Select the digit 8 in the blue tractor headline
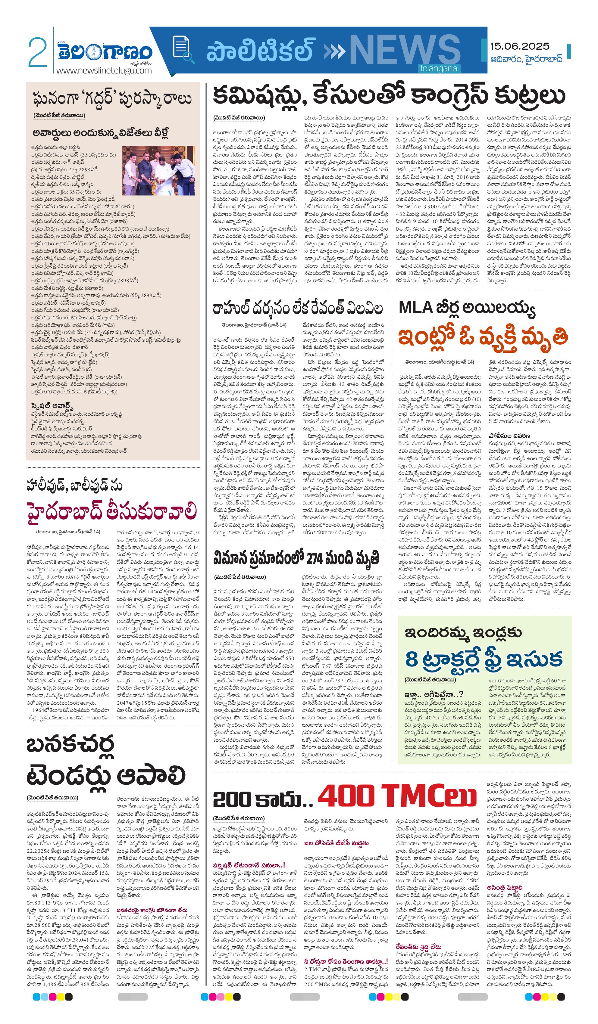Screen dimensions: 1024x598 click(x=412, y=659)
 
